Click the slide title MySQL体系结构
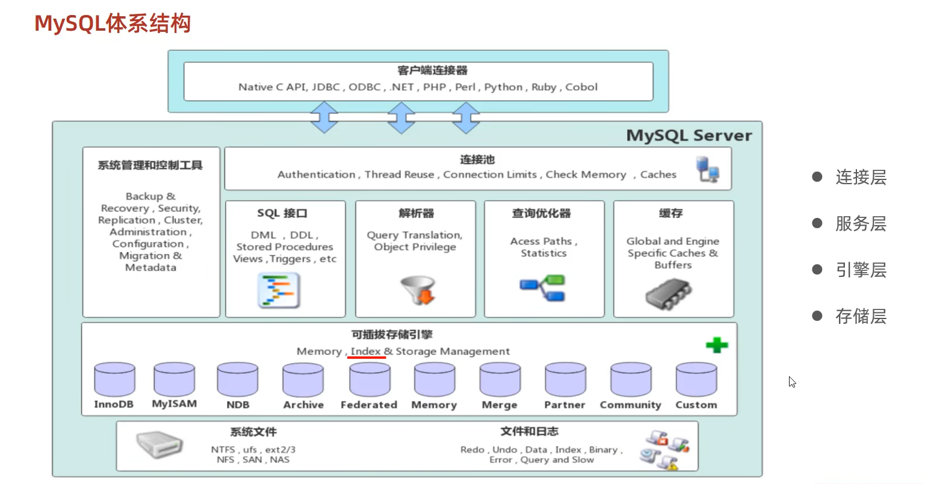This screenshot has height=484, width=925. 113,23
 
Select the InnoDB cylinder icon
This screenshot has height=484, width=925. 114,379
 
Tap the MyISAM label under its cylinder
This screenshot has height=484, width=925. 174,404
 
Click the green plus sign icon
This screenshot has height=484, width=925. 717,345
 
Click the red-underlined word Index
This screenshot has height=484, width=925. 366,351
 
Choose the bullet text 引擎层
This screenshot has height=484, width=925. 861,270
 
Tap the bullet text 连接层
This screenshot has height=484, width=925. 861,178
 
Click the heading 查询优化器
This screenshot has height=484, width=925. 541,213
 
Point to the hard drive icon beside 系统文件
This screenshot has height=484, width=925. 159,445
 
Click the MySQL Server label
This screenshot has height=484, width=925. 689,135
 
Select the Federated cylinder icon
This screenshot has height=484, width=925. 370,379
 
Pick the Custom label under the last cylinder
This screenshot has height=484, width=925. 696,405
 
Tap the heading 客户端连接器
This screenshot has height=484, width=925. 432,70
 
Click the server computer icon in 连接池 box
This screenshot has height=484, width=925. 707,169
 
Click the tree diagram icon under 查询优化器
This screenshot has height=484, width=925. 543,288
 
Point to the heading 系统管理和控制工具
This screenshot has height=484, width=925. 150,165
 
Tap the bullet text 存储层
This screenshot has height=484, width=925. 861,317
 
